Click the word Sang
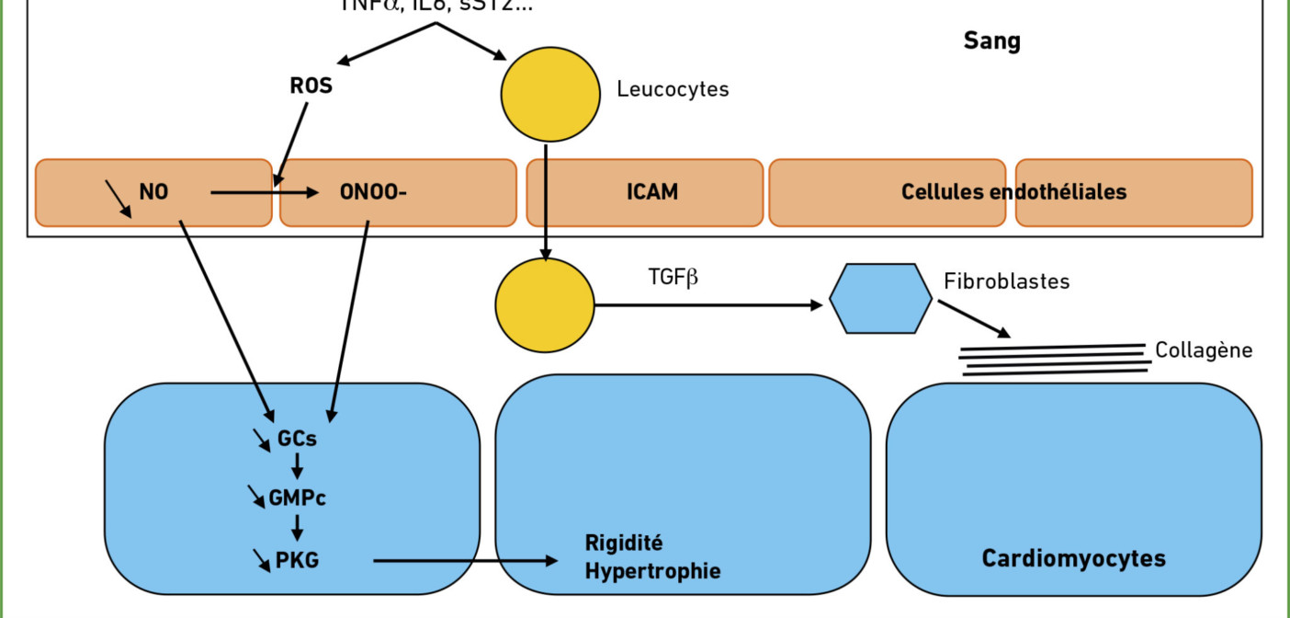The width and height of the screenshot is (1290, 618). [991, 41]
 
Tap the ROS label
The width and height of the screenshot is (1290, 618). [311, 87]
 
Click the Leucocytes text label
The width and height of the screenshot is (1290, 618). [673, 89]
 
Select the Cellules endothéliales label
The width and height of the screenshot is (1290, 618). [1013, 192]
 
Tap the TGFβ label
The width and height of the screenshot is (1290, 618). [673, 276]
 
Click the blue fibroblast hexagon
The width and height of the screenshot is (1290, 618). [880, 298]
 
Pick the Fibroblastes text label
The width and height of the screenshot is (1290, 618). [1006, 281]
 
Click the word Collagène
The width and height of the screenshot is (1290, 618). [1204, 350]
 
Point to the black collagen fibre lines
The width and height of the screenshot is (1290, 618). [1054, 360]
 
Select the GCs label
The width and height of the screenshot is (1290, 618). [297, 439]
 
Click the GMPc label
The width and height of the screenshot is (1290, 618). [297, 499]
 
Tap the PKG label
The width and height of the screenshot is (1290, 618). [297, 559]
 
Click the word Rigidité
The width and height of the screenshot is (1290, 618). [624, 543]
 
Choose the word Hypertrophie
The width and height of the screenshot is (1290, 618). [652, 571]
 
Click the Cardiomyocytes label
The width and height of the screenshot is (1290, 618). [1073, 558]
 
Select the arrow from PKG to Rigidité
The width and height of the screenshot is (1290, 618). [465, 560]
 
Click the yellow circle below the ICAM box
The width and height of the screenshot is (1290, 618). [545, 305]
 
